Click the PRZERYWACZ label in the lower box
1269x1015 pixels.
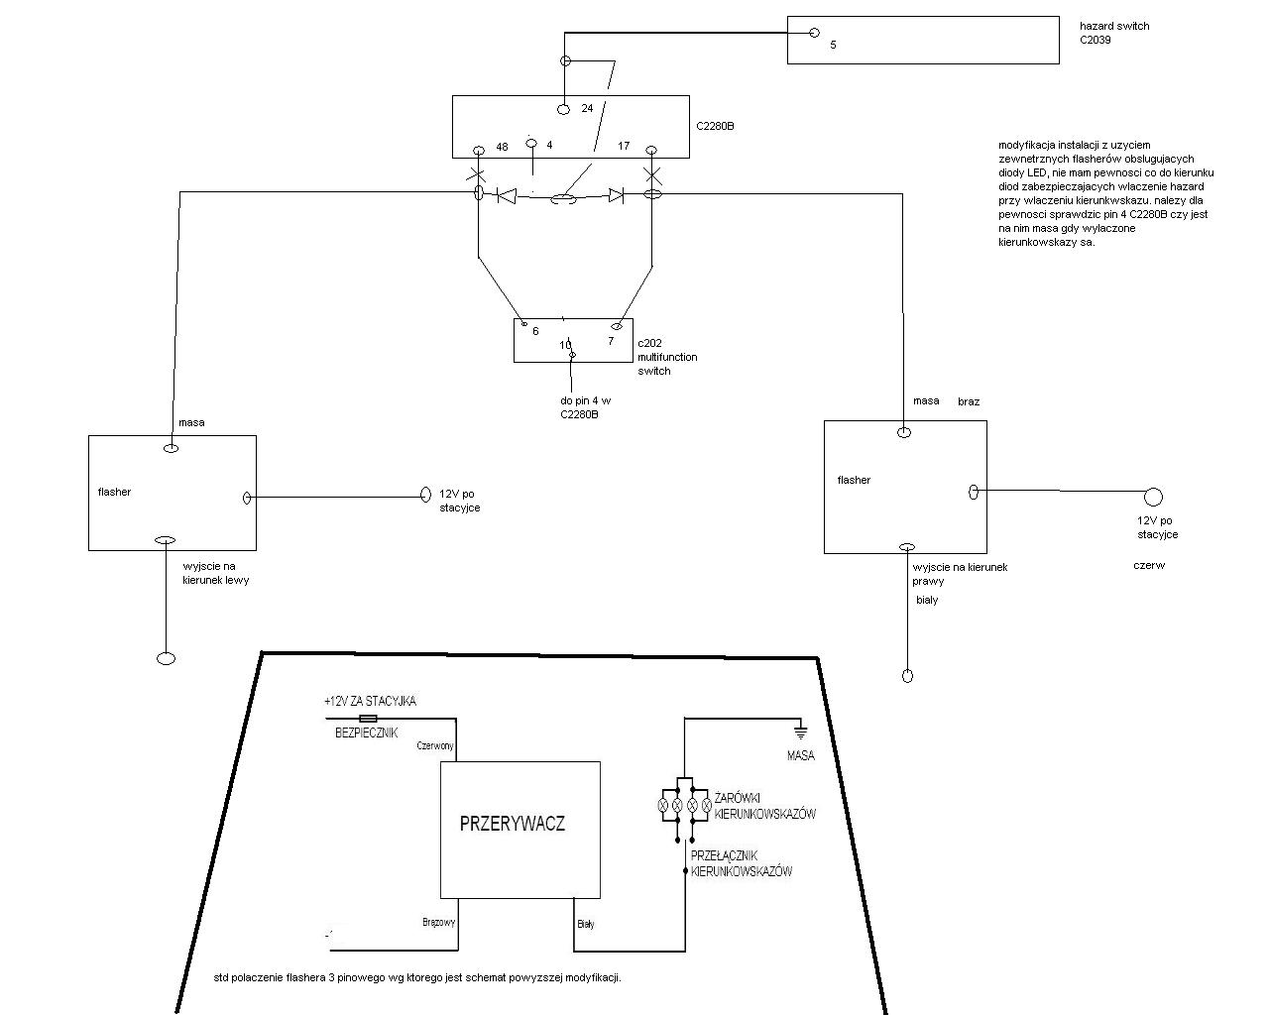coord(513,823)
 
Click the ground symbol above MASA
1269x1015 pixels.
coord(799,733)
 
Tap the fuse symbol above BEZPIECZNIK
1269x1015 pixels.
coord(367,718)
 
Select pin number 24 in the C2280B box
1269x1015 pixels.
coord(587,108)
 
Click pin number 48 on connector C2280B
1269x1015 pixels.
coord(502,147)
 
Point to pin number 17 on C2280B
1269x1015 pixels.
coord(624,147)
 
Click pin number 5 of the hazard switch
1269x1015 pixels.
coord(833,45)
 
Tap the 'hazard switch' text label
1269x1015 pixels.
coord(1114,26)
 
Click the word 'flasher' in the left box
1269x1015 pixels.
coord(114,492)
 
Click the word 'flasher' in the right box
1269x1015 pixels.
coord(854,480)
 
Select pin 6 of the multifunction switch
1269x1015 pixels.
coord(535,331)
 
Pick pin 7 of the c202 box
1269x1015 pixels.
coord(611,341)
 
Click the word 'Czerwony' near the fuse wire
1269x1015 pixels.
coord(435,746)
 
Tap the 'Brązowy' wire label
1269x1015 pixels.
coord(438,922)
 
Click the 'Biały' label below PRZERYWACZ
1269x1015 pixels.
coord(585,924)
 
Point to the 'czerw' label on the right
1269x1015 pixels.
coord(1149,566)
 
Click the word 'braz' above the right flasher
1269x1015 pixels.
coord(969,401)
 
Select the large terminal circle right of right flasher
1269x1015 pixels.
coord(1153,497)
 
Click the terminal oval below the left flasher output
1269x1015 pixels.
coord(166,658)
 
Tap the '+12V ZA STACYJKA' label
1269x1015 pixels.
coord(370,701)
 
